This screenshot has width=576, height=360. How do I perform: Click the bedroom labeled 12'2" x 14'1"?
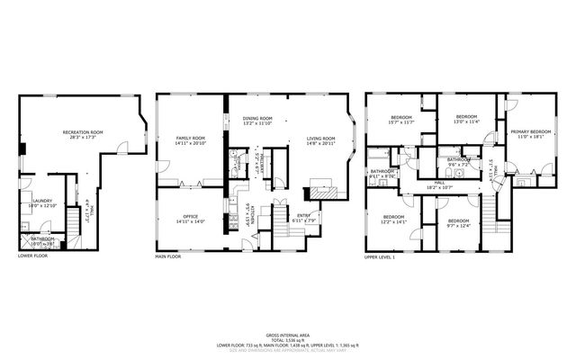(394, 220)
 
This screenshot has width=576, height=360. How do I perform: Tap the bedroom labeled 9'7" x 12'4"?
(459, 222)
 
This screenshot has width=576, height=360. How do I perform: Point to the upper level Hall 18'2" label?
(440, 184)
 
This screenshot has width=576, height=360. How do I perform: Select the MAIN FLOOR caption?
(169, 256)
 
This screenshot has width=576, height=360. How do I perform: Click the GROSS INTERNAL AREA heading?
(288, 332)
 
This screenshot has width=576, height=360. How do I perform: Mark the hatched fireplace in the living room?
(321, 192)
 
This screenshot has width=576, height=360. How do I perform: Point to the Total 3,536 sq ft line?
(288, 338)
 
